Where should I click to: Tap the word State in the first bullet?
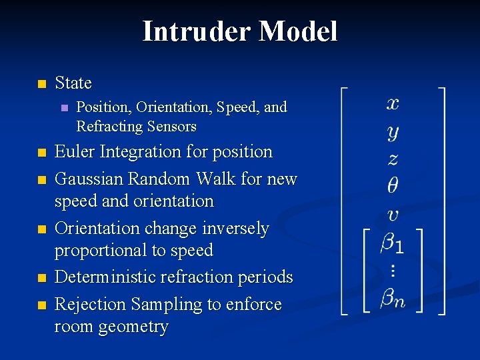pos(73,83)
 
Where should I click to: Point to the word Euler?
pos(75,152)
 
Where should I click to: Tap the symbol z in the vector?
pos(393,159)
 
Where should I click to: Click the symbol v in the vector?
pos(393,215)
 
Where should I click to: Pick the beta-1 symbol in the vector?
pos(392,243)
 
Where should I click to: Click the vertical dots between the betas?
pos(392,271)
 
